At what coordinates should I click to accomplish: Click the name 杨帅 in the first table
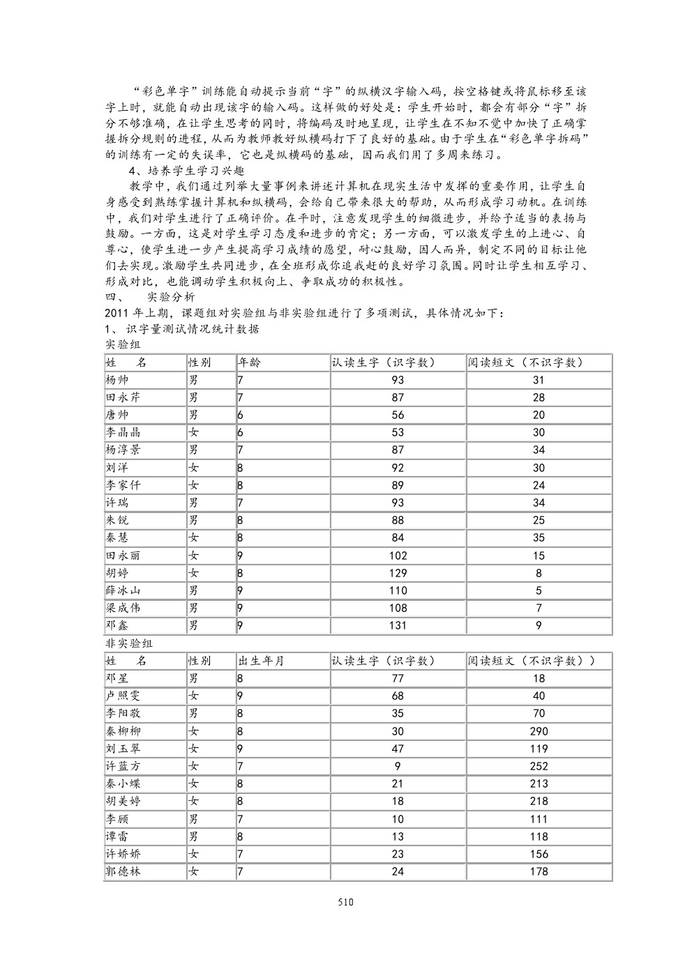coord(116,380)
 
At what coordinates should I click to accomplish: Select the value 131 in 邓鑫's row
coord(398,625)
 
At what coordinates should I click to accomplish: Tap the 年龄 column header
coord(250,362)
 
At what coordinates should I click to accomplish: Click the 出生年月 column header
coord(261,661)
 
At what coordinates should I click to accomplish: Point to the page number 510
coord(346,901)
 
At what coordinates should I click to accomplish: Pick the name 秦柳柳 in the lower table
coord(123,731)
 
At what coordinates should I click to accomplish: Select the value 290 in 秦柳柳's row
coord(539,731)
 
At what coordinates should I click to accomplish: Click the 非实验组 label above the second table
coord(128,643)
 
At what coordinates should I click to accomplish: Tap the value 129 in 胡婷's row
coord(398,573)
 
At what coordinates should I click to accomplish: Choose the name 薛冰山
coord(123,590)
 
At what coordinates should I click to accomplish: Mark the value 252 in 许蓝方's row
coord(539,766)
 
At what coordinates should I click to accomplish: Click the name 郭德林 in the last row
coord(123,871)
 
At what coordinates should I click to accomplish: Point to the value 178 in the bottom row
coord(539,871)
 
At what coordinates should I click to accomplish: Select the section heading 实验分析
coord(172,296)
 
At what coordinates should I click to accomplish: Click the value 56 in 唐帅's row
coord(398,415)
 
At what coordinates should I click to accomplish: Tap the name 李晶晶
coord(123,432)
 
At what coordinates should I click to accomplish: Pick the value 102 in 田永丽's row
coord(398,556)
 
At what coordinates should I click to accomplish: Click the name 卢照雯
coord(123,696)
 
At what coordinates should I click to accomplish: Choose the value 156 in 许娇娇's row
coord(539,854)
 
